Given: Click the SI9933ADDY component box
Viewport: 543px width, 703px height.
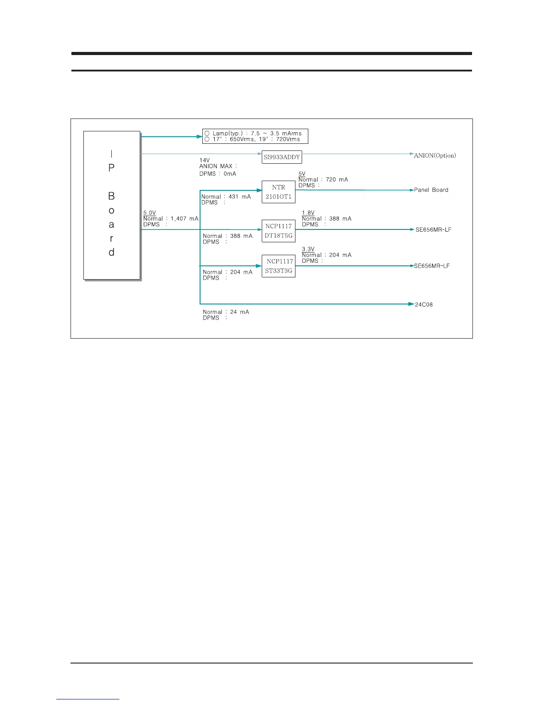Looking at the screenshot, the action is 281,157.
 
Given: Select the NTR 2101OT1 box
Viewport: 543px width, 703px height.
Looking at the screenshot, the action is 278,192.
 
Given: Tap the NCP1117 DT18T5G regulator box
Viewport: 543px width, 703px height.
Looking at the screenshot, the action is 278,231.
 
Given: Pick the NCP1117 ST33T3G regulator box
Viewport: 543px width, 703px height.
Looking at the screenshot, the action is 278,266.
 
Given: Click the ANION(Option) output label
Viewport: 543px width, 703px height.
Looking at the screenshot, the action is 435,155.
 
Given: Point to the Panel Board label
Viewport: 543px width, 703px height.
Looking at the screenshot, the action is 431,190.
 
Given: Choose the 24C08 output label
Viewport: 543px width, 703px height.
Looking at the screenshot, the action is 424,304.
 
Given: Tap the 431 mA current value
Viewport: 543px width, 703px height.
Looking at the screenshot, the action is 240,197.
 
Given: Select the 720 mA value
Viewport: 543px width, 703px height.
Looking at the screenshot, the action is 337,180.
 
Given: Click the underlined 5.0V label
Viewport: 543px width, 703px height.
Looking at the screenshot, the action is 150,213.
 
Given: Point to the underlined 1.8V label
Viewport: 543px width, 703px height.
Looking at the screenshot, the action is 308,213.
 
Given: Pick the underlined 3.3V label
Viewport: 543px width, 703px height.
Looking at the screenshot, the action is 308,249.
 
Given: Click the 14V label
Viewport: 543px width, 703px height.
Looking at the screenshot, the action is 205,160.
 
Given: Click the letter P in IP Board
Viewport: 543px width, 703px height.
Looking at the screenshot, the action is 111,168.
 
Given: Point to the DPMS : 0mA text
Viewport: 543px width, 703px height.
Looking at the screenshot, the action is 218,174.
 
